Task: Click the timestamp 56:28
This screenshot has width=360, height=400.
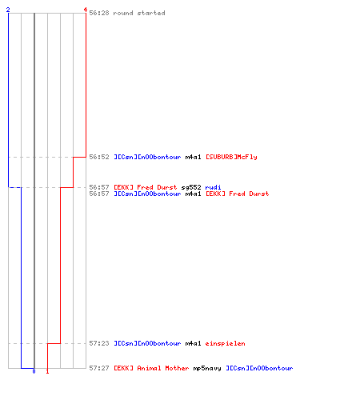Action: (x=99, y=13)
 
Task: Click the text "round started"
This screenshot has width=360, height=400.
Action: (x=139, y=13)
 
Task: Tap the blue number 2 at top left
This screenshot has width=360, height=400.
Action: (x=8, y=10)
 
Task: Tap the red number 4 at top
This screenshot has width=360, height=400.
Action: (x=86, y=10)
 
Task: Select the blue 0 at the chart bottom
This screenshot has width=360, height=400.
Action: (x=34, y=371)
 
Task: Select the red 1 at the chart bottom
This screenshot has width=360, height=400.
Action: (x=47, y=371)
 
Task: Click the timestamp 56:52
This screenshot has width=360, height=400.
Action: (x=99, y=157)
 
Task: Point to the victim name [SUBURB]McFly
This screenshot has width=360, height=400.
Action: (x=231, y=157)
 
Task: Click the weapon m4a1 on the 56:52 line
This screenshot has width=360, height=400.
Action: (x=193, y=157)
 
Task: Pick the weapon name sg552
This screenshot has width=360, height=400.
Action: (x=191, y=187)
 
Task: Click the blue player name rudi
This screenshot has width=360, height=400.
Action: (x=213, y=187)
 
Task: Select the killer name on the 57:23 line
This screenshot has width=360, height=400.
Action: (x=147, y=343)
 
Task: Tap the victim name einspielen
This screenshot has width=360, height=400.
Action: (x=225, y=343)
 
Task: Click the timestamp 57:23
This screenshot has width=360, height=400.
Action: (x=99, y=343)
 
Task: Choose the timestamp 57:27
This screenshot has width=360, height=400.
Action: (x=99, y=368)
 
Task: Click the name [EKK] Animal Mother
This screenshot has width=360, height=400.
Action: (x=151, y=368)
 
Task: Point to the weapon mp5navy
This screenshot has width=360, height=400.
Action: (x=207, y=368)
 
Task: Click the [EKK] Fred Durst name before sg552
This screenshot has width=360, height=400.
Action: (x=146, y=187)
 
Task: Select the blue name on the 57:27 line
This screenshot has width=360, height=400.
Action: (x=259, y=368)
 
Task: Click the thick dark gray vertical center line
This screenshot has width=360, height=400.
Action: (x=34, y=190)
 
